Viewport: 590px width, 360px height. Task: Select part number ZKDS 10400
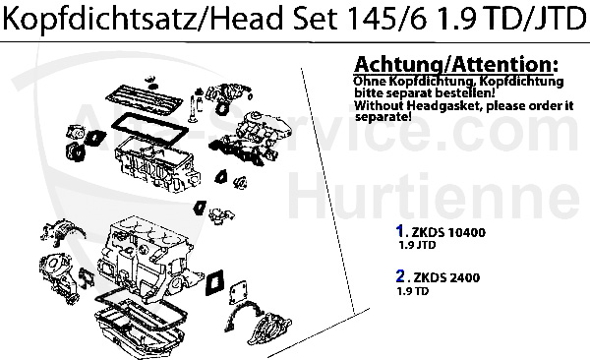(453, 232)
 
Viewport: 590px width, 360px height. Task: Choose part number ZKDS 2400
(450, 278)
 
